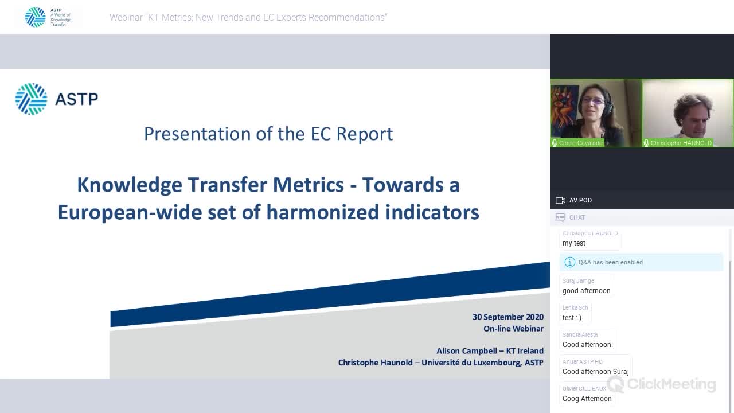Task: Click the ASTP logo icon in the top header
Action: (36, 17)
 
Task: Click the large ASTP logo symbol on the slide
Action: (31, 99)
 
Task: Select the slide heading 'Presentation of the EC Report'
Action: (268, 134)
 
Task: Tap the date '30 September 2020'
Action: (507, 317)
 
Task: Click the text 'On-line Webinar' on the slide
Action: (513, 329)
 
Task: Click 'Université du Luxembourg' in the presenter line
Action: (471, 363)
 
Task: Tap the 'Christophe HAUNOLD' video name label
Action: (681, 143)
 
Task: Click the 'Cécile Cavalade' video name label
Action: (580, 143)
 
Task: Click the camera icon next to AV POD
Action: (560, 200)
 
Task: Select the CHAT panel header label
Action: (577, 217)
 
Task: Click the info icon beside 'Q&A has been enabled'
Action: (569, 262)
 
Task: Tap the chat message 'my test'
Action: (574, 243)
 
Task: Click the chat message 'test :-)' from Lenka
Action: (572, 318)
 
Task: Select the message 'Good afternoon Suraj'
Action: (595, 372)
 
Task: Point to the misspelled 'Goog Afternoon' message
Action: (587, 399)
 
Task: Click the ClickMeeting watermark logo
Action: (661, 384)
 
